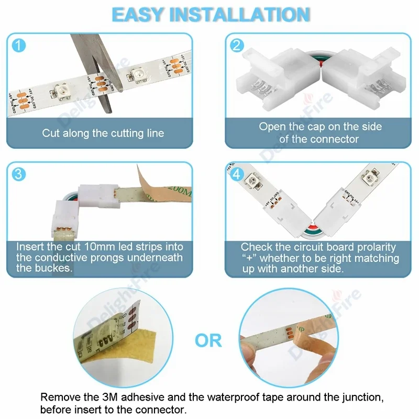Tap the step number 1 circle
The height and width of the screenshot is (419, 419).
18,46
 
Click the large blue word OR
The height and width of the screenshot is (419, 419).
208,341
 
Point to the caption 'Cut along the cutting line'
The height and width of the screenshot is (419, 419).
103,133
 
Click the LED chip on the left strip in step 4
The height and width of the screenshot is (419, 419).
250,182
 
